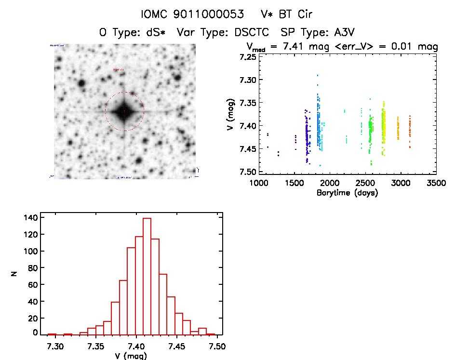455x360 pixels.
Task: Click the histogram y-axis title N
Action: [15, 274]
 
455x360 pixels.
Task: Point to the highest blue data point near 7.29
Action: [318, 75]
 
